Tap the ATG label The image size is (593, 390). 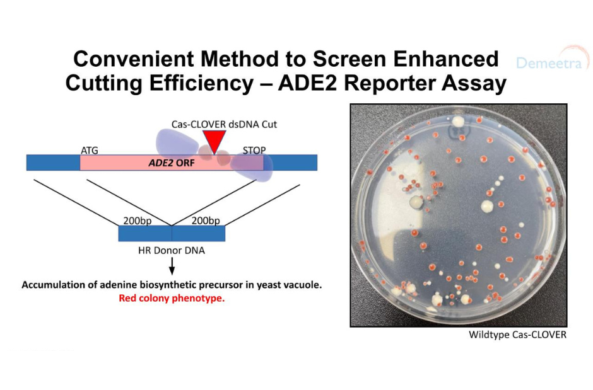coord(89,150)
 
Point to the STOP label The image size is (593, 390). coord(254,150)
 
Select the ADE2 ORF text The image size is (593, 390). coord(172,163)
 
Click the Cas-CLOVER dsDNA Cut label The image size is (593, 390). coord(224,124)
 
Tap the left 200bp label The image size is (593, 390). coord(138,221)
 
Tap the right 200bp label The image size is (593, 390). coord(206,221)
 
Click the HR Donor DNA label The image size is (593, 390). coord(172,250)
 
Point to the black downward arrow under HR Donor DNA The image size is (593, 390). coord(172,266)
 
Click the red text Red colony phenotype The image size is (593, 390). coord(172,298)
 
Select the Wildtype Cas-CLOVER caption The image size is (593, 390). coord(517,335)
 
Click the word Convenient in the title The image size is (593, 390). coord(134,59)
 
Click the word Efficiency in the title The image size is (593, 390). coord(201,84)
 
